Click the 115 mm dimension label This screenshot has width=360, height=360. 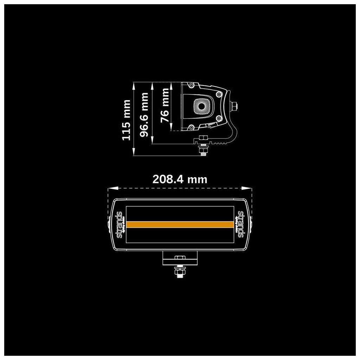[x=126, y=120]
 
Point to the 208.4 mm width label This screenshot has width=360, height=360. [x=180, y=179]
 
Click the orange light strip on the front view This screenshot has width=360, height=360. [x=180, y=224]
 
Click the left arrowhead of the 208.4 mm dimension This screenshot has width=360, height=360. [x=109, y=188]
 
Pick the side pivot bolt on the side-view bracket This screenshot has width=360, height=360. [x=234, y=106]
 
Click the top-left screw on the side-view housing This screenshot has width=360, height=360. [x=191, y=85]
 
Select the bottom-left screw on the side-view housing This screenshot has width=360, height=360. [x=191, y=127]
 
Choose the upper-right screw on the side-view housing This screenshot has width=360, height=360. [x=218, y=94]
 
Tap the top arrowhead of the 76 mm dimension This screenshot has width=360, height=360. [x=171, y=84]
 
